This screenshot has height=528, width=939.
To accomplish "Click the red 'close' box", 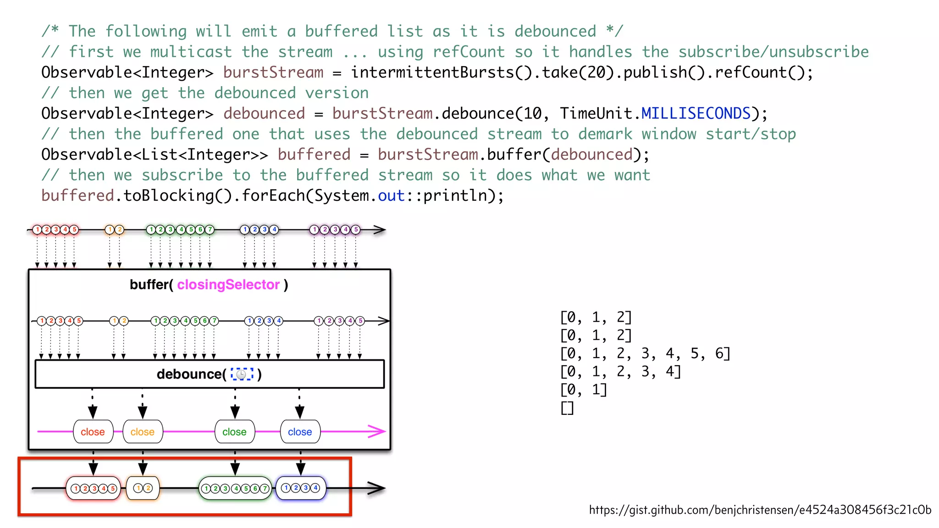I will [93, 432].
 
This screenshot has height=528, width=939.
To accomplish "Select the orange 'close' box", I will [143, 432].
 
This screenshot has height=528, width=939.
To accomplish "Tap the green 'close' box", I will [235, 432].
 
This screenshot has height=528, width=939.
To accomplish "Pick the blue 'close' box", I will [300, 432].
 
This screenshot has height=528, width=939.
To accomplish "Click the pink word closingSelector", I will [228, 285].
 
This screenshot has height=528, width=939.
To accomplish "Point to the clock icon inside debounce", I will [242, 374].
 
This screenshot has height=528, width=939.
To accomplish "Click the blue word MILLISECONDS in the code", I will [696, 113].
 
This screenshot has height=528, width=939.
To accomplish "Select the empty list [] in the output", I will [567, 407].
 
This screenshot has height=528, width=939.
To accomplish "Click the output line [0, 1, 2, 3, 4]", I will [620, 371].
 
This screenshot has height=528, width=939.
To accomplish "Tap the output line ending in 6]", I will [645, 353].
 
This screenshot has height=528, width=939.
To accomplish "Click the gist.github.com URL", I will [760, 510].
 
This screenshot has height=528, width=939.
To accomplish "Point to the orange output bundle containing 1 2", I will [143, 488].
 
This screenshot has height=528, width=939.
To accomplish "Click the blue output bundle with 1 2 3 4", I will [300, 488].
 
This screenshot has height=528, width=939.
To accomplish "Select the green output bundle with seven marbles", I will [235, 489].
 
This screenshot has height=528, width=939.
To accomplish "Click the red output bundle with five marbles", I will [94, 489].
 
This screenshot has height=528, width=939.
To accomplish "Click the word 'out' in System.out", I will [391, 196].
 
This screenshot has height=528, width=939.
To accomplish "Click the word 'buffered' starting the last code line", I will [77, 196].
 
